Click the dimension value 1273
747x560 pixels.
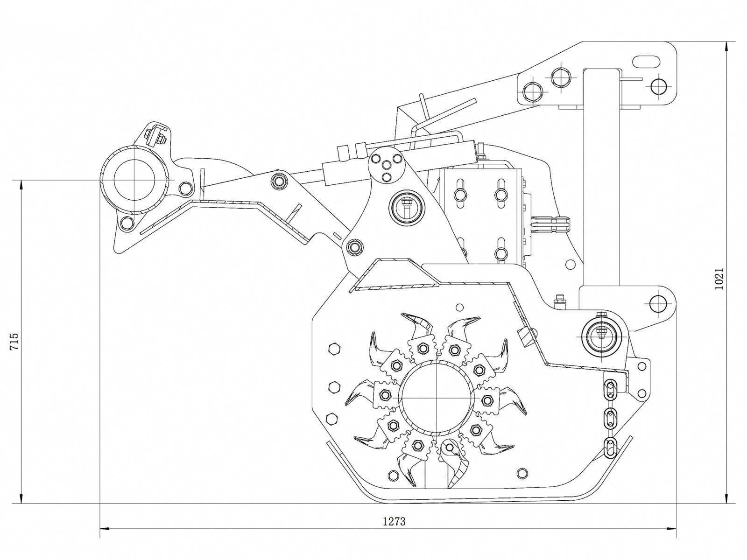tap(394, 521)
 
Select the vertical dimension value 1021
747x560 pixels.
tap(719, 279)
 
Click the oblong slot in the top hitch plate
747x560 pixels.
tap(646, 62)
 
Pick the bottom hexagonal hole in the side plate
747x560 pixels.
tap(331, 418)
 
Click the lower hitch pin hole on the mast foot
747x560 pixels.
tap(658, 303)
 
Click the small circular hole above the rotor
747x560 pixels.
tap(460, 307)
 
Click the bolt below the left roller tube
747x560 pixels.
tap(125, 223)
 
